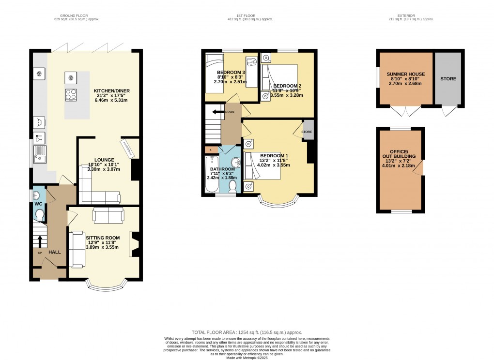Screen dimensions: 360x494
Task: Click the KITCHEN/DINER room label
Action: pyautogui.click(x=113, y=91)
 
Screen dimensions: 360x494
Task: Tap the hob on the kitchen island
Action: pyautogui.click(x=71, y=95)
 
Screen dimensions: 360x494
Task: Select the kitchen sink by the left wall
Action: pyautogui.click(x=39, y=153)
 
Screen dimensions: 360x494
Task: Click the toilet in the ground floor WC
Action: pyautogui.click(x=40, y=214)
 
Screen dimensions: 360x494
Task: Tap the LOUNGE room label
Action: pyautogui.click(x=105, y=160)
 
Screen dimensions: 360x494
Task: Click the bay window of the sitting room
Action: pyautogui.click(x=107, y=286)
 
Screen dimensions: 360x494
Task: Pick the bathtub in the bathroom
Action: pyautogui.click(x=211, y=174)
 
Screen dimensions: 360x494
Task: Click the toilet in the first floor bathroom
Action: pyautogui.click(x=232, y=186)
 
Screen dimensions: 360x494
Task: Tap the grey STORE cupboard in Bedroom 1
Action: pyautogui.click(x=307, y=131)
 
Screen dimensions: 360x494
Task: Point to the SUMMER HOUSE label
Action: pyautogui.click(x=405, y=74)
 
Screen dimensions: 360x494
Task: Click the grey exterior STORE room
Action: pyautogui.click(x=448, y=78)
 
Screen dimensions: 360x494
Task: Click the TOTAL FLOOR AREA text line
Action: pyautogui.click(x=247, y=332)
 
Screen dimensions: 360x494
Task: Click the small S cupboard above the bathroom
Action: pyautogui.click(x=211, y=150)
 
